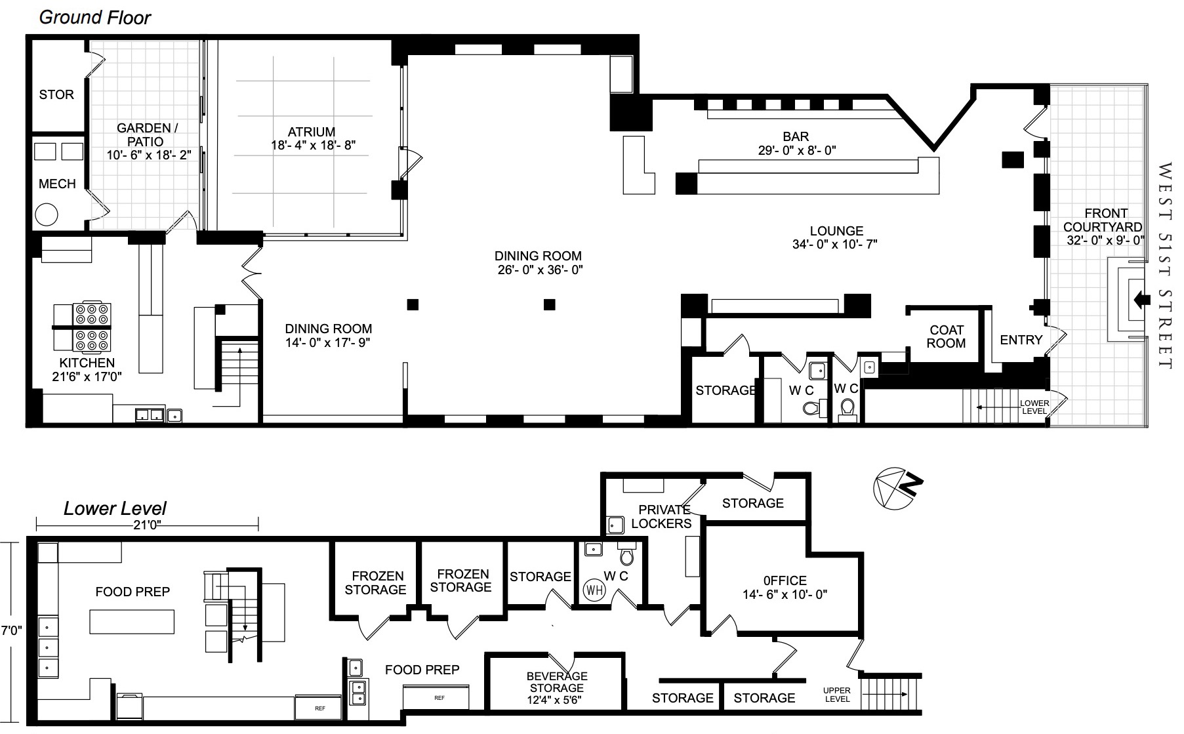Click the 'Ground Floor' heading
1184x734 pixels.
(95, 18)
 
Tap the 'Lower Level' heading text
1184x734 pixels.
(115, 508)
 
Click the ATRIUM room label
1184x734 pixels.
(312, 132)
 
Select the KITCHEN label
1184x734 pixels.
(87, 363)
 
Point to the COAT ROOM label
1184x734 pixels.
(947, 336)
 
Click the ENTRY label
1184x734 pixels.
(1021, 340)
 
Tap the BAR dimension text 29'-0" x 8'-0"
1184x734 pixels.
(797, 150)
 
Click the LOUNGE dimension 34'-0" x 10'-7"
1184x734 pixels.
(835, 244)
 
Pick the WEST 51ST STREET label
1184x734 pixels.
(1164, 266)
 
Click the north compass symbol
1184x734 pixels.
(898, 488)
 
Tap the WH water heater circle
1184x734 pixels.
(594, 589)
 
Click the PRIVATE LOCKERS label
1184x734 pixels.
(663, 517)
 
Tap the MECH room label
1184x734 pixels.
(57, 184)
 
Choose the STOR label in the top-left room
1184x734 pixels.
(56, 94)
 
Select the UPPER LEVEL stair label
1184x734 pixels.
(837, 695)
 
